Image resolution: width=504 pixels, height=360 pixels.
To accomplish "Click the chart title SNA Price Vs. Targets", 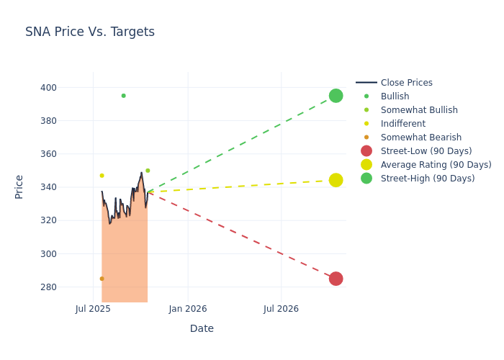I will click(90, 32).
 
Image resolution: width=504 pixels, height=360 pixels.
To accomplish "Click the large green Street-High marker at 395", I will click(336, 96).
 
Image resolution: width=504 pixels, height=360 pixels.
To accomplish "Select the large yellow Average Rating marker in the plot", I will click(336, 180).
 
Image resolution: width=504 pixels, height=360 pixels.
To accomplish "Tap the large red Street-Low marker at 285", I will click(336, 279).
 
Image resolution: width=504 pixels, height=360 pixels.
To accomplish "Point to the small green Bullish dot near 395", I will click(123, 96).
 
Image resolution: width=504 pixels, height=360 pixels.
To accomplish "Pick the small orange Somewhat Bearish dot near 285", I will click(102, 279).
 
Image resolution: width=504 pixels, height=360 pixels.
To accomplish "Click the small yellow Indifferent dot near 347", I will click(102, 176).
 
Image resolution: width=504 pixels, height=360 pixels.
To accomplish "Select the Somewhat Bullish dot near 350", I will click(148, 171).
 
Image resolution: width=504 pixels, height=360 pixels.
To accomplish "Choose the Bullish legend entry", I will click(395, 96).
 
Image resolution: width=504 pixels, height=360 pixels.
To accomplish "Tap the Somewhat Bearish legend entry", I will click(420, 138).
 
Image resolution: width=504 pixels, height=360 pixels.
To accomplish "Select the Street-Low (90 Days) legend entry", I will click(426, 151).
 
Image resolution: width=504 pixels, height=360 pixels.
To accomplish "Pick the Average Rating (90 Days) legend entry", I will click(436, 165).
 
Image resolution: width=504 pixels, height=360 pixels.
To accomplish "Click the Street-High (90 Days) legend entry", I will click(427, 179).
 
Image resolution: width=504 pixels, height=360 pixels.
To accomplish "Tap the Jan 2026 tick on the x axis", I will click(188, 309).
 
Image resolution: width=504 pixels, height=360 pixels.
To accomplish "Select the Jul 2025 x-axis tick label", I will click(93, 309).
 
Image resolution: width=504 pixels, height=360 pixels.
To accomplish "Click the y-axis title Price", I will click(19, 186).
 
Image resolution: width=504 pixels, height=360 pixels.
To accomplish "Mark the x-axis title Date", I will click(202, 328).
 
